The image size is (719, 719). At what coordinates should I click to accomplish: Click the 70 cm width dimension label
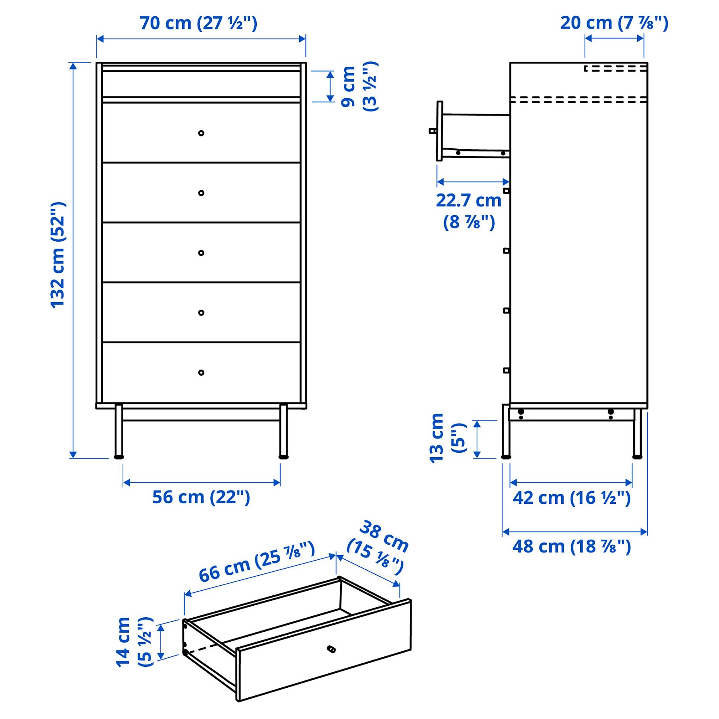[198, 23]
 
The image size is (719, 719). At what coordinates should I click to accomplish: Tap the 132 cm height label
[58, 255]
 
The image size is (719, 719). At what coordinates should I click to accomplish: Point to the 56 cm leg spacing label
[201, 497]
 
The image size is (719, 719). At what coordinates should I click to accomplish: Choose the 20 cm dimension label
[614, 23]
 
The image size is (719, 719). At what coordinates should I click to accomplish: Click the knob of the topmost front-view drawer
[201, 133]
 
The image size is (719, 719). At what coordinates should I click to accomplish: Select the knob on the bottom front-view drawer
[201, 373]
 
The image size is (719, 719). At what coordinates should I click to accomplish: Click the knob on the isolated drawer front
[331, 649]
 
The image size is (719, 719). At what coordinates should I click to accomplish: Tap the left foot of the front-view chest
[119, 457]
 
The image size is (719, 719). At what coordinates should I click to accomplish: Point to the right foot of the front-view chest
[283, 457]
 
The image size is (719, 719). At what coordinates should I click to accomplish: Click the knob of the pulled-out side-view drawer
[433, 131]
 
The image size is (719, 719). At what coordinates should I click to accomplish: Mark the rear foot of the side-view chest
[637, 457]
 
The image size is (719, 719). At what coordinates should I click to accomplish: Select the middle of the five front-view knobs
[201, 253]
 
